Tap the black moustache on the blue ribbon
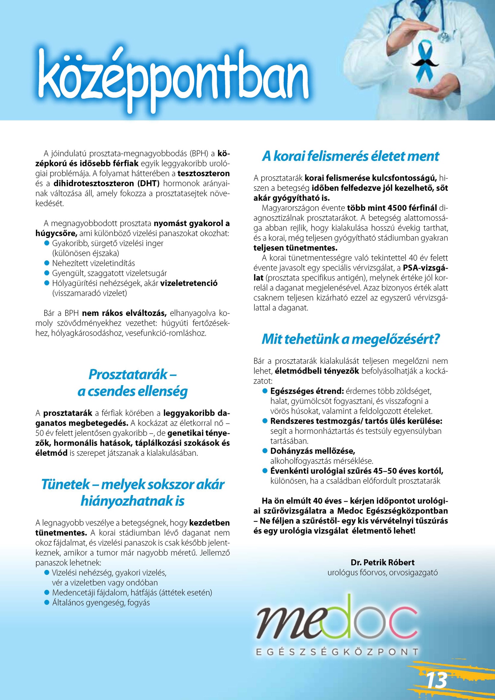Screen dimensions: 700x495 (x=425, y=61)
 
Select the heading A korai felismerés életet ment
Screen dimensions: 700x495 (x=350, y=156)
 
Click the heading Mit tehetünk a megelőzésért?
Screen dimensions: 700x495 (x=350, y=339)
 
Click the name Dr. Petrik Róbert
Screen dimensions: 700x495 (x=382, y=562)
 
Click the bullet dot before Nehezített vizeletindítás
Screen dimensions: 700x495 (x=47, y=263)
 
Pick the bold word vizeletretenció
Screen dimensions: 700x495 (x=189, y=283)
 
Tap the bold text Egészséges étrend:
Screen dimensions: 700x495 (x=307, y=391)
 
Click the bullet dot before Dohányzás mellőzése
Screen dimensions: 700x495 (x=265, y=451)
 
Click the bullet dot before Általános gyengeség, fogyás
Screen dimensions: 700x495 (x=47, y=603)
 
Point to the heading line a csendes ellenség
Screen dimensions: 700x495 (x=133, y=391)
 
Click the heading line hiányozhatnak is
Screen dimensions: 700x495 (x=133, y=501)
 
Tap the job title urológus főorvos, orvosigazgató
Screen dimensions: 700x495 (x=382, y=573)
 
